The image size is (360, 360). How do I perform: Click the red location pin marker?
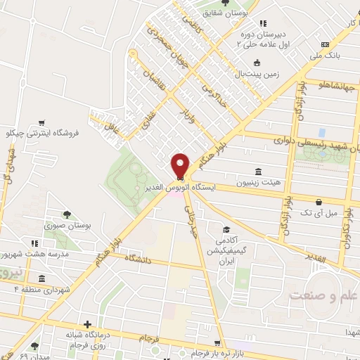point(180,165)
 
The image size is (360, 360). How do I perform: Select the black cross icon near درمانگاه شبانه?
point(86,325)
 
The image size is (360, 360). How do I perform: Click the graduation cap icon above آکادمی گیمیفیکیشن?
point(226,229)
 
